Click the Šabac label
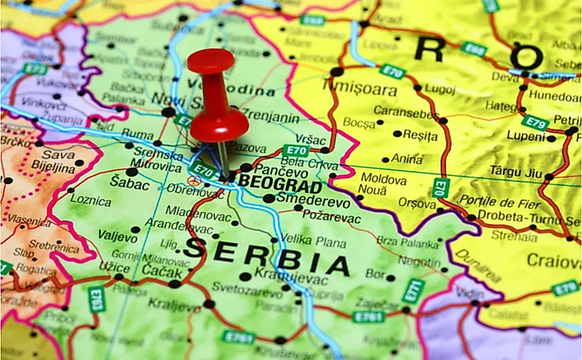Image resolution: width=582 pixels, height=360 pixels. click(133, 185)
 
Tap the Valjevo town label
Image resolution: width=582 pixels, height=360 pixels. click(118, 234)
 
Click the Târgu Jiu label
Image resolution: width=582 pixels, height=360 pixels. click(518, 173)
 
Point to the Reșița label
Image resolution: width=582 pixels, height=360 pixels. click(420, 134)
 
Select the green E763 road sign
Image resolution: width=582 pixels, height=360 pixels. click(96, 298)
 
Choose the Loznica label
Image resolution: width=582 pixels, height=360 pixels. click(90, 200)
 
